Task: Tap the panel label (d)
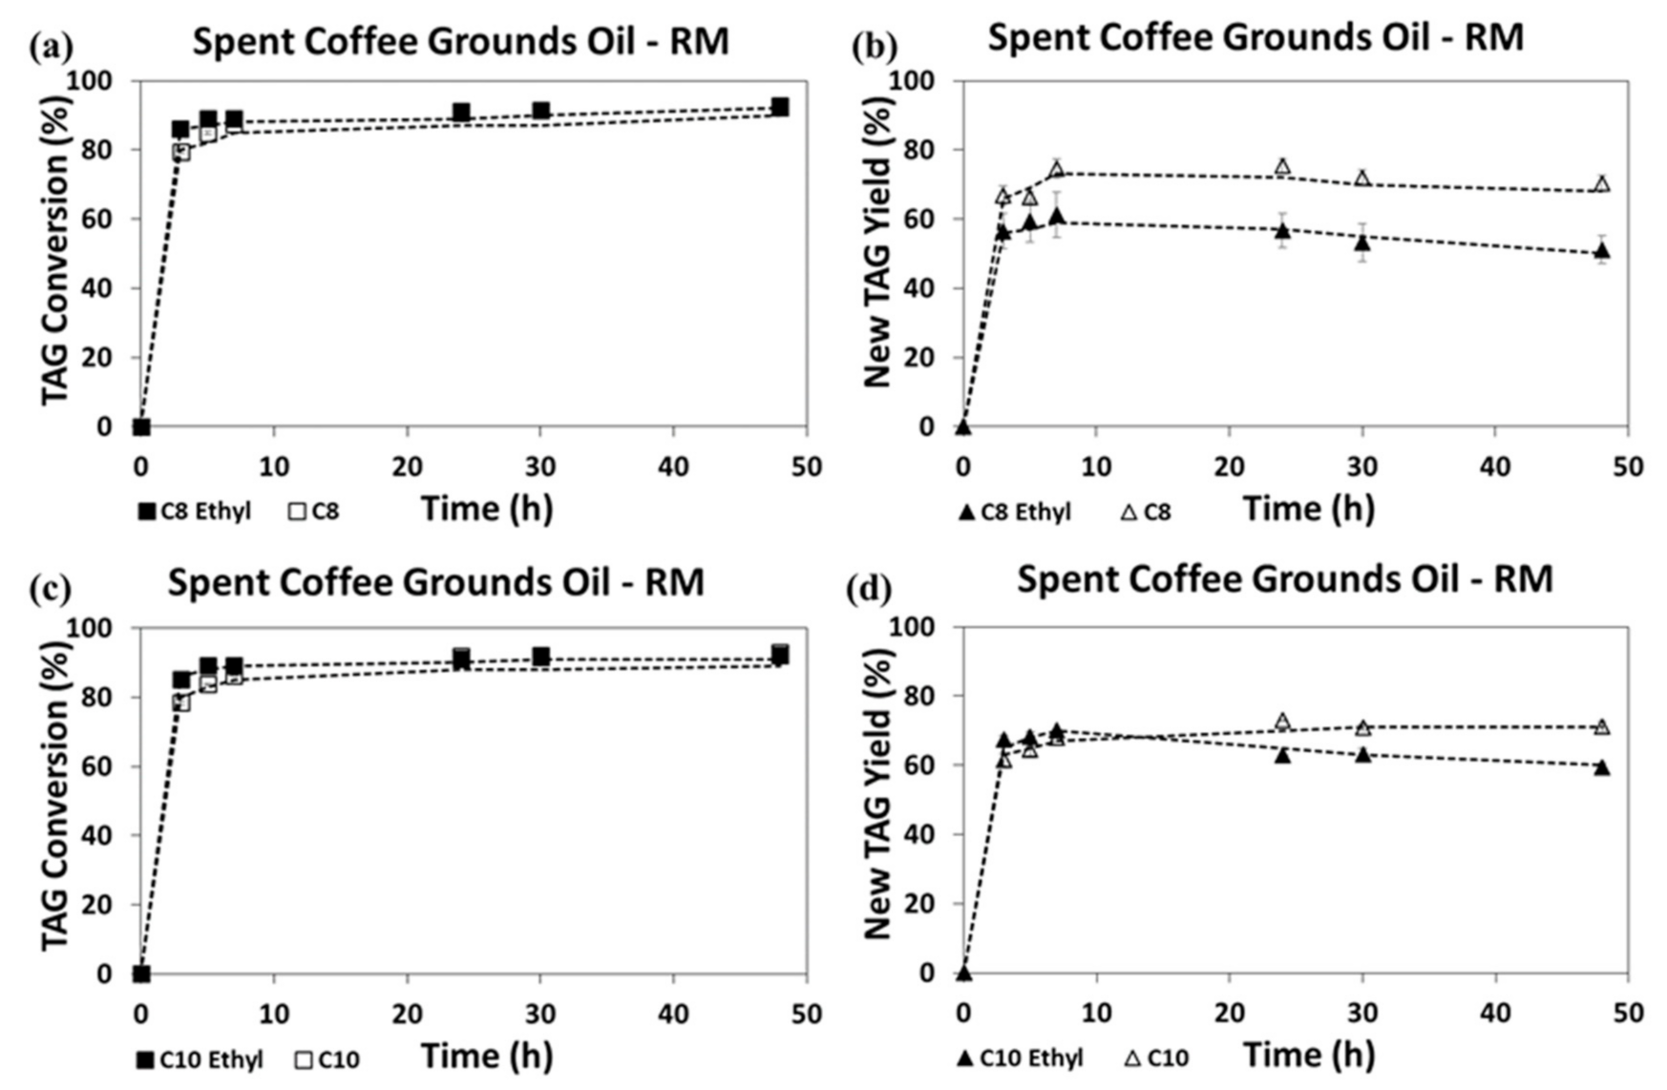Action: pos(869,589)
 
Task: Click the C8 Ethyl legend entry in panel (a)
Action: pos(195,512)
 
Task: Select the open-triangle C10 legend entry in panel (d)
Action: pos(1155,1058)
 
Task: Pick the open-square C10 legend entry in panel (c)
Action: pos(327,1059)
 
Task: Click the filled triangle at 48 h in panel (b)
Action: pos(1602,252)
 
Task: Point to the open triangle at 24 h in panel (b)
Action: pos(1282,167)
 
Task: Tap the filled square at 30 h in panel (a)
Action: pos(540,111)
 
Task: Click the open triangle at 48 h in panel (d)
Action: pos(1602,727)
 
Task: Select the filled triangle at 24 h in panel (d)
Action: pos(1282,755)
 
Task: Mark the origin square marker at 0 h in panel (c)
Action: pos(141,974)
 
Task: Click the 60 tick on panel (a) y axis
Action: pos(103,219)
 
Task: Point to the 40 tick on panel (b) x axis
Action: pos(1495,467)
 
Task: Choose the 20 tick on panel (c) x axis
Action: pos(408,1014)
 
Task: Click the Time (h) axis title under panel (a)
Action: pos(487,509)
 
